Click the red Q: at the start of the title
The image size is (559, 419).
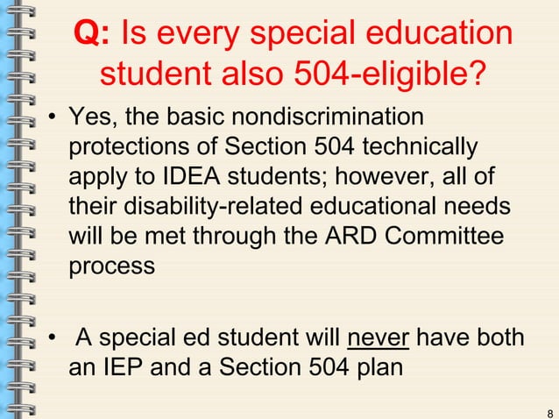tap(91, 34)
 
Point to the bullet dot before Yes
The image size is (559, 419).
tap(53, 117)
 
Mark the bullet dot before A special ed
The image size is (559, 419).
tap(53, 338)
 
